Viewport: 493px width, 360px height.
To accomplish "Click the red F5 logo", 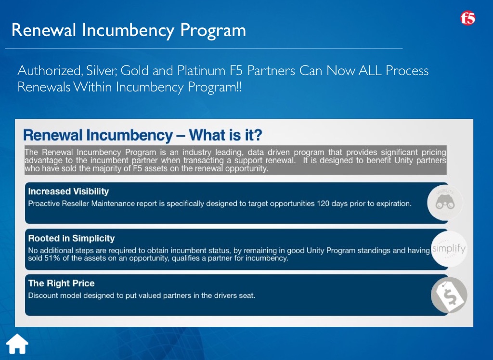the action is (x=467, y=18).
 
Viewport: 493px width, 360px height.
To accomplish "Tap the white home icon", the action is (x=17, y=344).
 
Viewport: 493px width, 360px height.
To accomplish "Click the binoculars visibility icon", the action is (x=445, y=203).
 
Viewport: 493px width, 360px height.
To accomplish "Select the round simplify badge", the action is (x=449, y=249).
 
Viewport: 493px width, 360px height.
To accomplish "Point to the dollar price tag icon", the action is (x=449, y=295).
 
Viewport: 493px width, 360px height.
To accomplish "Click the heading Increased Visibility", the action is (x=68, y=191).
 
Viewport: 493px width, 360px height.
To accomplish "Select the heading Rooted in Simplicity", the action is (x=71, y=238).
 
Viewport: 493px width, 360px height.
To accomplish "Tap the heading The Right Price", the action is (x=61, y=283).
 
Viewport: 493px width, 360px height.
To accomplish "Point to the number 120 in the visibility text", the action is (x=323, y=204).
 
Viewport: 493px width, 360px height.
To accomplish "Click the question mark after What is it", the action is (x=258, y=135).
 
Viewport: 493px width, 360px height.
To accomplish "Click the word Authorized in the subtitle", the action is (x=50, y=70).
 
